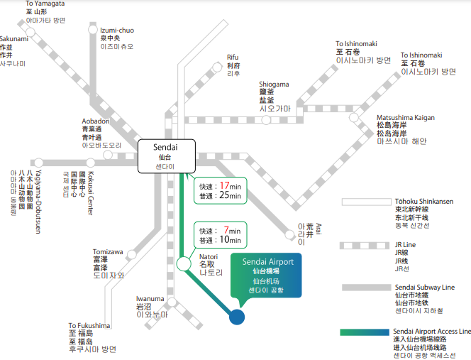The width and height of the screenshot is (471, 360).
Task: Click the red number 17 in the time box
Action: [223, 185]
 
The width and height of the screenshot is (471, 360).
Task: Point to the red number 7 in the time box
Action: [226, 230]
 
